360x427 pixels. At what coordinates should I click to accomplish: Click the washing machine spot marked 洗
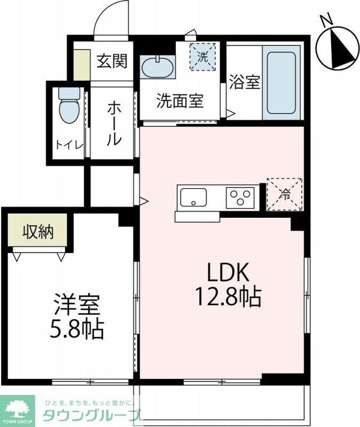point(203,58)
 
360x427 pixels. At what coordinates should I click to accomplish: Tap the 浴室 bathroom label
point(244,82)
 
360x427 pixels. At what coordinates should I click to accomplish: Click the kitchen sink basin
point(193,196)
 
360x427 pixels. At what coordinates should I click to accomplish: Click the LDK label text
point(227,273)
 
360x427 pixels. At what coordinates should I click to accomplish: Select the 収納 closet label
point(38,231)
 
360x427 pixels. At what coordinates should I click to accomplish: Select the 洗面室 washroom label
point(180,101)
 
